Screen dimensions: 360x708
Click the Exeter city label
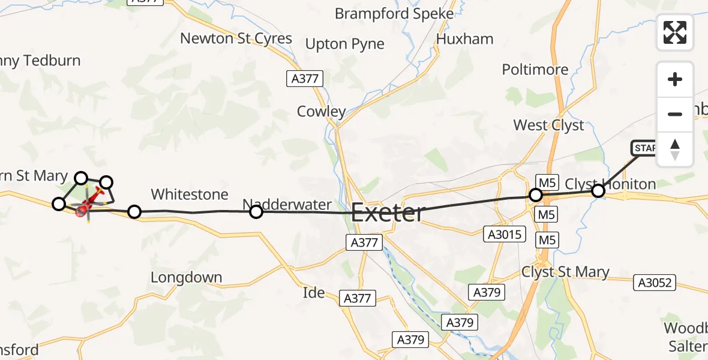coord(388,213)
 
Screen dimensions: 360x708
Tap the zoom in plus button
coord(675,80)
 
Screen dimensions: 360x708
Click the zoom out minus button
coord(675,114)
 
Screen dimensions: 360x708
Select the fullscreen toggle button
coord(675,32)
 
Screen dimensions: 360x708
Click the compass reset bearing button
coord(675,149)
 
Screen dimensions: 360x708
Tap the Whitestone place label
coord(190,194)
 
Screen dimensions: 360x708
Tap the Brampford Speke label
coord(394,13)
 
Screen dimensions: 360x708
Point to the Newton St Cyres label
coord(236,38)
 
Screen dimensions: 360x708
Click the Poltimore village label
coord(535,70)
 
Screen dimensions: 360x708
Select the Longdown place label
coord(186,278)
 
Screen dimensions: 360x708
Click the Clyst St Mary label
coord(565,272)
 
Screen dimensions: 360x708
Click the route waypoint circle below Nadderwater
coord(256,211)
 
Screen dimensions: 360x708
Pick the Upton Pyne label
coord(345,44)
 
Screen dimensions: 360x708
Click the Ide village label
coord(314,293)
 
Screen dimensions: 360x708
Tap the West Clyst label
coord(548,125)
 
